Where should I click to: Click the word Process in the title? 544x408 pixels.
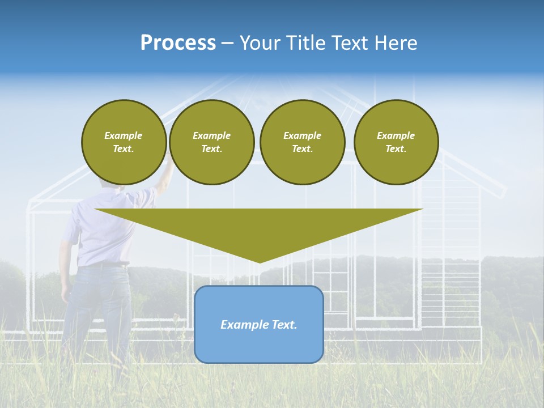tap(178, 43)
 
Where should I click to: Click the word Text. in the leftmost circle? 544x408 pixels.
tap(124, 149)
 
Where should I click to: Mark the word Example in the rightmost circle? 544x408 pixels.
tap(396, 135)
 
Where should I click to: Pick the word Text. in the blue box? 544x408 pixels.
tap(284, 325)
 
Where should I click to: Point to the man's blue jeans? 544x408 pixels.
tap(93, 306)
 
